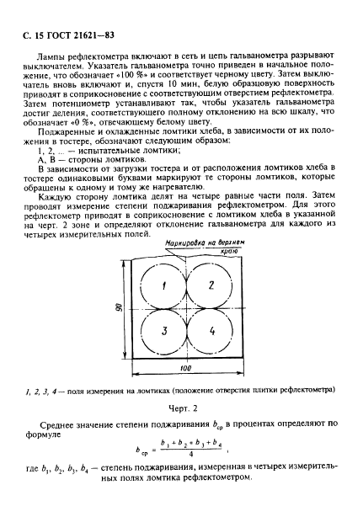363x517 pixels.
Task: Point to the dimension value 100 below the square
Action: pos(185,370)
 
